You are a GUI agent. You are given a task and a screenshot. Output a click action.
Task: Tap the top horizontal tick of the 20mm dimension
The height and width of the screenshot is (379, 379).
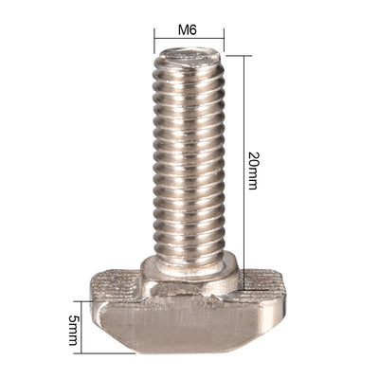237,54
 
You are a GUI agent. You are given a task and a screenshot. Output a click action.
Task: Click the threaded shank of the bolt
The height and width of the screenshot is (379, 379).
189,152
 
